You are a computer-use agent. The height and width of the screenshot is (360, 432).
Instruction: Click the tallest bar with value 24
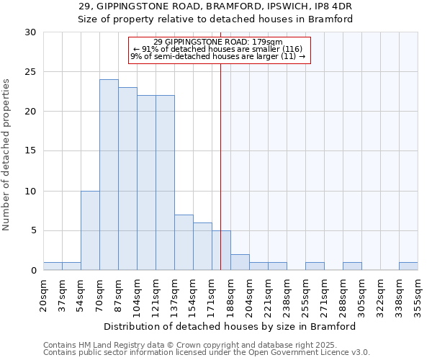point(109,175)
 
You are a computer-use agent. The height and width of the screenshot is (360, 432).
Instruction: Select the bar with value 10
point(90,230)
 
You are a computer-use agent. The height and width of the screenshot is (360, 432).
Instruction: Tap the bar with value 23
point(127,179)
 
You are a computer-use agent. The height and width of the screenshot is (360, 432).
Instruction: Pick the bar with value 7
point(184,242)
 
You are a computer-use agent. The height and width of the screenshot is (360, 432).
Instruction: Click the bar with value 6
point(202,246)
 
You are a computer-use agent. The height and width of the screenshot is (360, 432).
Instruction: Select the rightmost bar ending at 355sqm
point(408,266)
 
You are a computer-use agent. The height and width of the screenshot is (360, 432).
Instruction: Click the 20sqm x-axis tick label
point(44,295)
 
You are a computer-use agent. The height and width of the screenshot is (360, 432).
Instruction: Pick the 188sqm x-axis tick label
point(231,295)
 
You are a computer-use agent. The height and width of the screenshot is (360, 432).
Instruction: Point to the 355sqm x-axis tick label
point(418,295)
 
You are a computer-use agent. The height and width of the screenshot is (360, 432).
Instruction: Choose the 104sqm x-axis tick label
point(138,295)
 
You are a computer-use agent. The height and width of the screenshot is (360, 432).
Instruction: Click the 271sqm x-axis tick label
point(325,295)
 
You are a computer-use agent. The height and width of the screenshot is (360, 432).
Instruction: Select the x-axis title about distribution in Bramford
point(230,326)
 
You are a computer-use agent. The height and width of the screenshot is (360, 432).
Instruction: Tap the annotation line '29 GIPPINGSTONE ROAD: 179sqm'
point(218,42)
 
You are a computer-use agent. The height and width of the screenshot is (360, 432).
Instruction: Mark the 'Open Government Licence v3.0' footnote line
point(207,353)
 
